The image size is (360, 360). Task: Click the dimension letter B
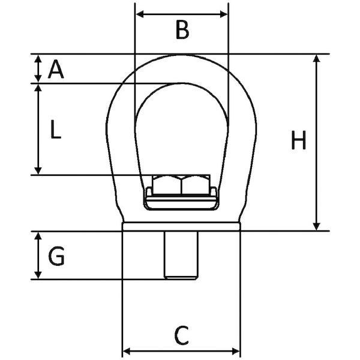[x=182, y=30]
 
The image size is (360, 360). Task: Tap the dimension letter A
[x=56, y=69]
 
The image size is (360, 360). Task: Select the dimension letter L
[x=56, y=130]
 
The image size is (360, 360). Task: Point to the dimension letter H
[x=298, y=140]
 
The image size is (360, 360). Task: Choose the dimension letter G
[x=56, y=256]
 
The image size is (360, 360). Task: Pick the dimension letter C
[x=182, y=335]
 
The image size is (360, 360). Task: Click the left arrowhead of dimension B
[x=140, y=14]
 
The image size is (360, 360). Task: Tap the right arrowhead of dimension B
[x=224, y=14]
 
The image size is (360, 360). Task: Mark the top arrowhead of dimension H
[x=317, y=58]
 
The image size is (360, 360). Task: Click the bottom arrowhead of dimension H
[x=317, y=226]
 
